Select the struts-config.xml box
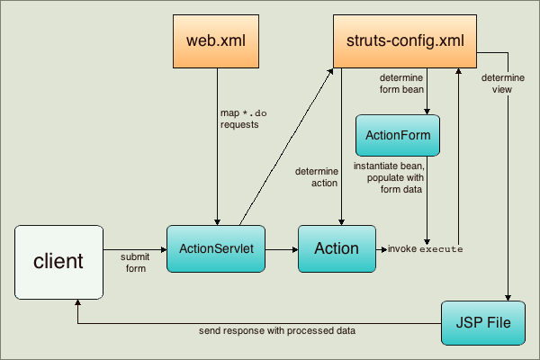(x=404, y=41)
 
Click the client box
(x=58, y=262)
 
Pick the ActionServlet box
(x=217, y=248)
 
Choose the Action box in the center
(x=336, y=248)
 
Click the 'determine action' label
(x=316, y=176)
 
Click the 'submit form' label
(x=135, y=261)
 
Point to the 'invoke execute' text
(x=425, y=248)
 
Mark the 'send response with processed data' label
(x=277, y=331)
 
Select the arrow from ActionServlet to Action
(x=283, y=248)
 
